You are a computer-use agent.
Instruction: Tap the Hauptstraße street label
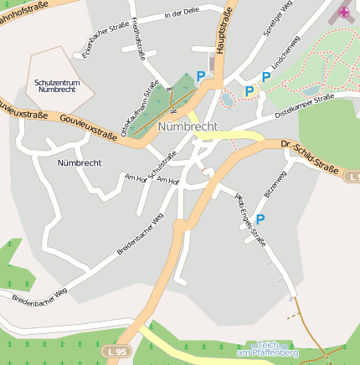(x=223, y=33)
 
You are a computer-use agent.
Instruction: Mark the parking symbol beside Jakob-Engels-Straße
(x=260, y=219)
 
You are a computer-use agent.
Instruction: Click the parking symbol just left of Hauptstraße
(x=200, y=76)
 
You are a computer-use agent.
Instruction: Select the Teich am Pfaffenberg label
(x=269, y=350)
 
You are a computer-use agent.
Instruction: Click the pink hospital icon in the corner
(x=343, y=13)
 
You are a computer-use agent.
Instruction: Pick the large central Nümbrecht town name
(x=188, y=126)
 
